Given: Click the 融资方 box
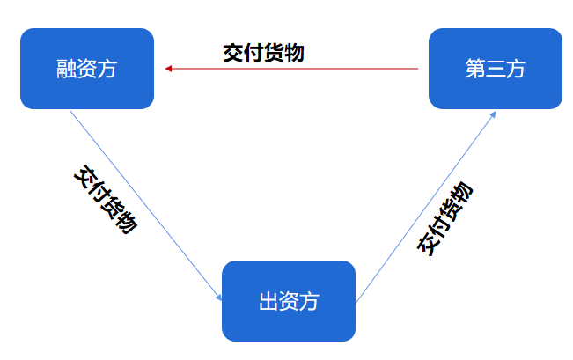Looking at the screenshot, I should [x=87, y=69].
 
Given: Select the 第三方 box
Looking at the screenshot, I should [x=495, y=69].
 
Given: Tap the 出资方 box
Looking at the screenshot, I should [x=288, y=301].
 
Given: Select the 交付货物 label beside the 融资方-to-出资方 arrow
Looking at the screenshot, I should [x=105, y=200].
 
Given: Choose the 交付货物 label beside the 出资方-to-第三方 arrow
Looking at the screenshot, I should [x=444, y=219].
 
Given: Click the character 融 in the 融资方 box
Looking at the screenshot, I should [x=67, y=70].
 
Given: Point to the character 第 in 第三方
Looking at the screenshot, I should [x=475, y=70].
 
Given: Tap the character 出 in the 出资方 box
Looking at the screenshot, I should [x=268, y=302].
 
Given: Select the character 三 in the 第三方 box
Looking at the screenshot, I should [x=496, y=70].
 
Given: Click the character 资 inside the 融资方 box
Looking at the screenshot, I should [x=87, y=70].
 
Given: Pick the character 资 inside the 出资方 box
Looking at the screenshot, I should [x=289, y=302].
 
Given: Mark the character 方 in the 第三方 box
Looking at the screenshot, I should [x=516, y=70].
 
